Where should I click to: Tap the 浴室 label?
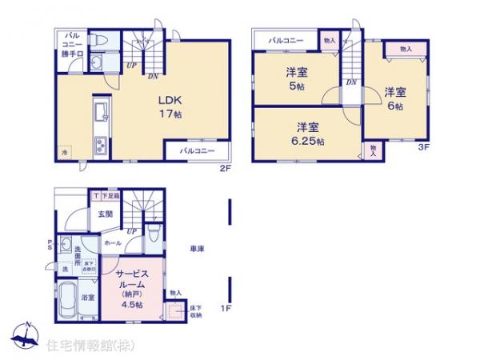coord(89,298)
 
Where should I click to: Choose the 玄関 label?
coord(106,214)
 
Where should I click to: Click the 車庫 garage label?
coord(196,250)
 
